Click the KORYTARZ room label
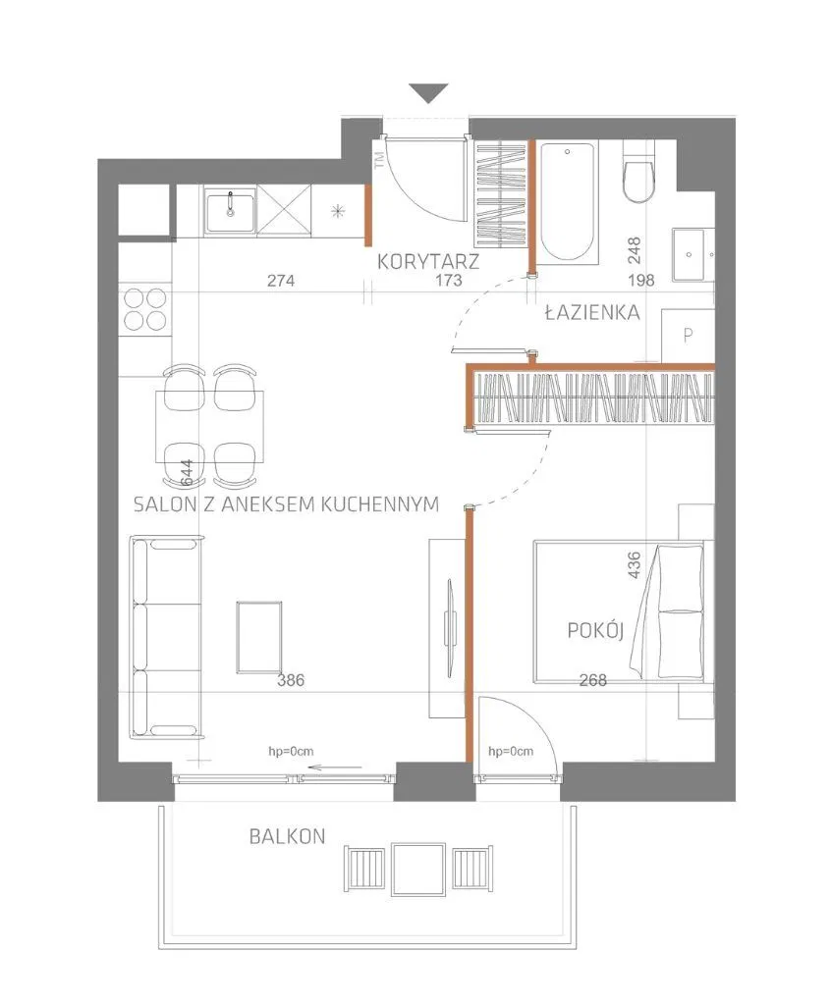428,261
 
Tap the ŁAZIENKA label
591,313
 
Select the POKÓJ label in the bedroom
595,630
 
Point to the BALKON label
287,836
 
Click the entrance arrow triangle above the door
428,93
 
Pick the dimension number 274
281,280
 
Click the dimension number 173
449,280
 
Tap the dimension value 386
291,680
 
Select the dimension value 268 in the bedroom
592,680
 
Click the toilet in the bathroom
638,172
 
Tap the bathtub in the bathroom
567,202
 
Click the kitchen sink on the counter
229,212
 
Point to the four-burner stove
145,309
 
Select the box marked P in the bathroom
688,336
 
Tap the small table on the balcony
418,869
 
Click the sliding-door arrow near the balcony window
335,767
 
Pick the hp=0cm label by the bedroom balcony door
511,751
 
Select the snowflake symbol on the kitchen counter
338,211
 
